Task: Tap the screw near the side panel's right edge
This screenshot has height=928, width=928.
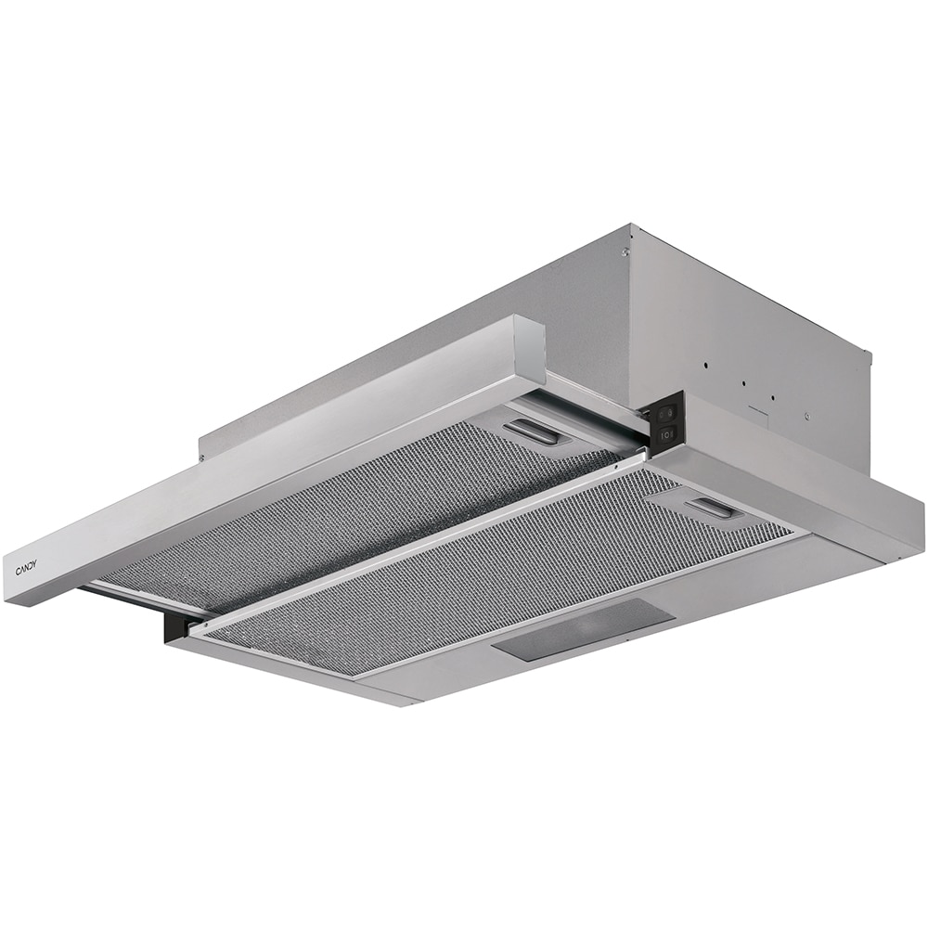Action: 806,417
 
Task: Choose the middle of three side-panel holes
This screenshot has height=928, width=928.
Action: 743,380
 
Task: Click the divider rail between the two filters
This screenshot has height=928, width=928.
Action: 418,548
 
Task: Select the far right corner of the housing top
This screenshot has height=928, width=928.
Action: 870,354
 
